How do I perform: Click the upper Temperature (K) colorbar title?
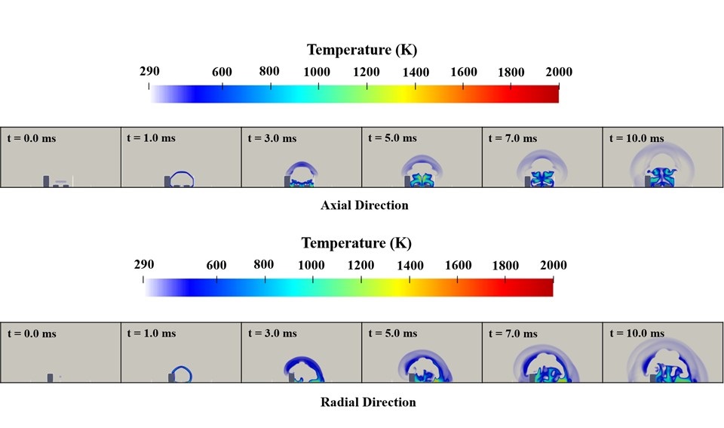(361, 51)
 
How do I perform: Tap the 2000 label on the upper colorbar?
(559, 72)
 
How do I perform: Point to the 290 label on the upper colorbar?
(150, 71)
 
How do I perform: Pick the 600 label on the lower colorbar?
(216, 266)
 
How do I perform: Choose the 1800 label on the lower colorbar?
(505, 266)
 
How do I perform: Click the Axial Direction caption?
(364, 205)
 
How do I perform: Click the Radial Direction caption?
(368, 402)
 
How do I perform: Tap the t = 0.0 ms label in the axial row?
(32, 138)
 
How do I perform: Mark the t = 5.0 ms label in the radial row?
(392, 333)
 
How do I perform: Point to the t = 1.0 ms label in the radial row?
(152, 333)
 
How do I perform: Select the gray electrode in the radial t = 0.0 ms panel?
(51, 377)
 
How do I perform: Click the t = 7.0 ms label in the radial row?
(513, 333)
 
